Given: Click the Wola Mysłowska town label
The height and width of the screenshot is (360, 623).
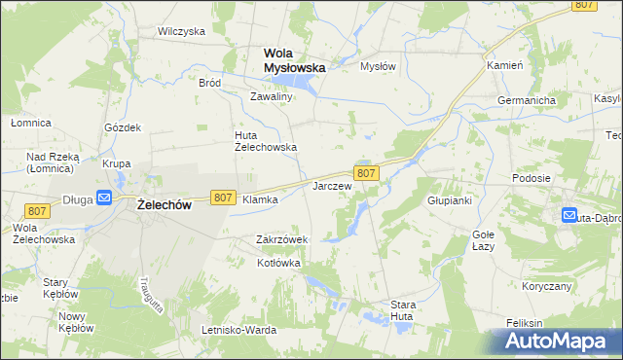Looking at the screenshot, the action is (x=294, y=60).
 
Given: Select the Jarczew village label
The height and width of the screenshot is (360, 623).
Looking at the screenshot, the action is (x=331, y=185).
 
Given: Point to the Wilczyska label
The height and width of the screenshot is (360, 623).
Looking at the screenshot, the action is (x=181, y=31).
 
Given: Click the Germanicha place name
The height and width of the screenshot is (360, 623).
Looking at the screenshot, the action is (x=526, y=101).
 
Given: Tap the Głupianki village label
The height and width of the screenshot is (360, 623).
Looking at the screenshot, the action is (x=450, y=200).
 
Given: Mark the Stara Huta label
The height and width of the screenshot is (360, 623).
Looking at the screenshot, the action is (x=403, y=310).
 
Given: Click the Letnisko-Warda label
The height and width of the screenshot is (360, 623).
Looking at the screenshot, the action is (x=238, y=330).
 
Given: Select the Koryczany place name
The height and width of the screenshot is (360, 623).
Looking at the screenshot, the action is (x=545, y=286).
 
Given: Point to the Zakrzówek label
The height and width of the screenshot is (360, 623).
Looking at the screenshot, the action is (x=281, y=239).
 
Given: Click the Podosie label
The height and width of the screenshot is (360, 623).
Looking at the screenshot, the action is (x=532, y=179).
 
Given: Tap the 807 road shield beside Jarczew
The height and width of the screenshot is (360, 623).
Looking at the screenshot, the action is (x=366, y=172).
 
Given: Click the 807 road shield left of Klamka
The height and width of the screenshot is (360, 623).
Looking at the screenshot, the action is (x=222, y=198).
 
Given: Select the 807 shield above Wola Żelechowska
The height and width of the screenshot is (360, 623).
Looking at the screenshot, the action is (x=38, y=211).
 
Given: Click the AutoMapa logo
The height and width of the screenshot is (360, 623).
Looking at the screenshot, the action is (x=559, y=341).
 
